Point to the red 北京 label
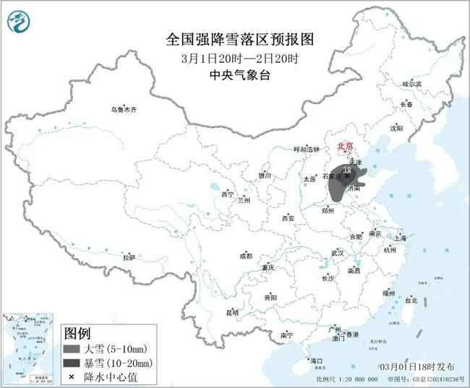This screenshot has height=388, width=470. pos(347,147)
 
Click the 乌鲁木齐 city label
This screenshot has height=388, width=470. pos(123,110)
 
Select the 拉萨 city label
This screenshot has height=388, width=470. pos(129,256)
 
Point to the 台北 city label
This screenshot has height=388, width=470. pos(410,299)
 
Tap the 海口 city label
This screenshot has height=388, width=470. pos(315,360)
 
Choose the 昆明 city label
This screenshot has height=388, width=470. pos(231,312)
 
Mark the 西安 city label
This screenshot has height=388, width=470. pos(289,217)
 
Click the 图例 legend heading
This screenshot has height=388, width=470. pos(77,334)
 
